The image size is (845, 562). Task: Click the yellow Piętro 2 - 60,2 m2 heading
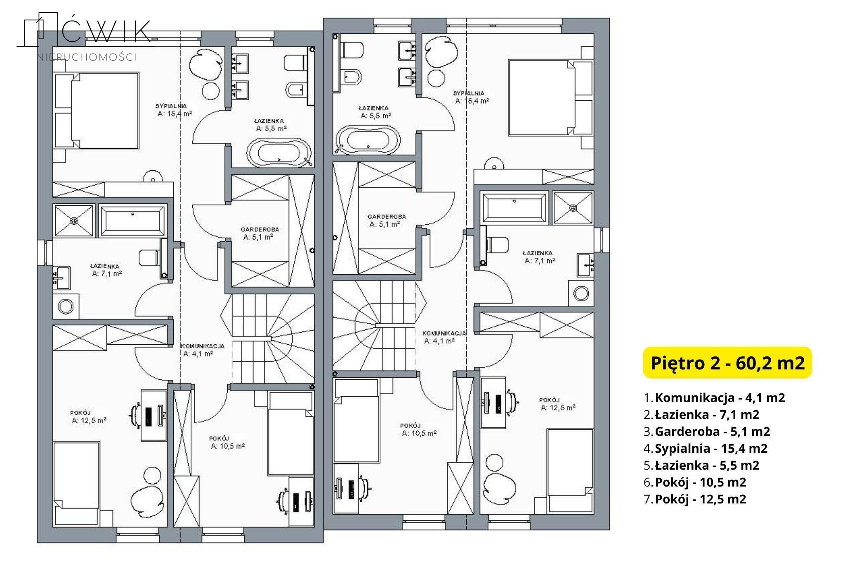pos(727,363)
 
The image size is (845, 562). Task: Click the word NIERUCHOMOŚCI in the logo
pos(87,57)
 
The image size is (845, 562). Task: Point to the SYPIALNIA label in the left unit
pos(171,106)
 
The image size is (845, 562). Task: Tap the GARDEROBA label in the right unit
pos(387,216)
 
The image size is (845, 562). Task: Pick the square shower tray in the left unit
pos(74,220)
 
